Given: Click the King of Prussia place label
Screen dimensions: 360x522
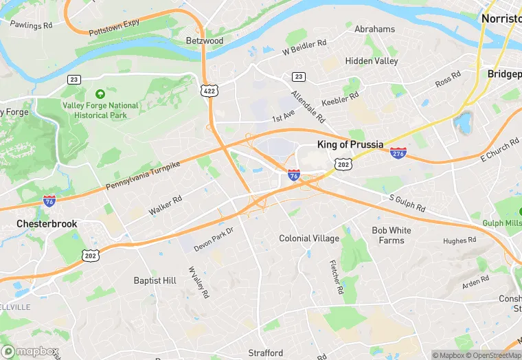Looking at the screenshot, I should click(354, 144).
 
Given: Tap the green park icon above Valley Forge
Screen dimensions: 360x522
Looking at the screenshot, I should click(100, 94).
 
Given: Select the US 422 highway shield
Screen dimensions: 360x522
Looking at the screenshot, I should click(209, 90).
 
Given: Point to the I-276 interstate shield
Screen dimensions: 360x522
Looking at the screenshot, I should click(398, 152).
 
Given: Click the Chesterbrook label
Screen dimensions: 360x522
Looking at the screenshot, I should click(47, 224).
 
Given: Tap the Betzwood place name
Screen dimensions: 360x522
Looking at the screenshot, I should click(205, 41).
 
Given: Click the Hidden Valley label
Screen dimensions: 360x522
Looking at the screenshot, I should click(371, 61).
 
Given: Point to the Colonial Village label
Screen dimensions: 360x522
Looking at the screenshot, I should click(309, 238).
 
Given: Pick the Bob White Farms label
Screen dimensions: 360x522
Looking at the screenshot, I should click(391, 235).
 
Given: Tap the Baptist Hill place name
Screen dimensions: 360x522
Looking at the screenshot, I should click(155, 280).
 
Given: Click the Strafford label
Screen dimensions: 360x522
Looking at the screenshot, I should click(265, 353).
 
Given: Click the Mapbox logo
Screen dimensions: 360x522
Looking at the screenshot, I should click(30, 351).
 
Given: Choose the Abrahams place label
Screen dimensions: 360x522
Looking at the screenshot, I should click(374, 30).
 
